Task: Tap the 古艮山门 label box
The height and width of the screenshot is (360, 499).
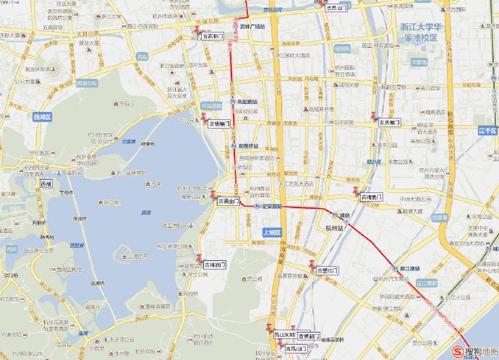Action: [337, 7]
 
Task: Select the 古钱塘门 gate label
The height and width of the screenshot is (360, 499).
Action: [219, 124]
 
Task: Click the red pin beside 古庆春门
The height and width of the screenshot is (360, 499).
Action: [373, 116]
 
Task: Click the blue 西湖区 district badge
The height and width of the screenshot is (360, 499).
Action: [43, 116]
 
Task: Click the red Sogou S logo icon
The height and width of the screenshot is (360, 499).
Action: [457, 351]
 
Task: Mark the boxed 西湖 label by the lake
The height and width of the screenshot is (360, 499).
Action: [46, 184]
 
